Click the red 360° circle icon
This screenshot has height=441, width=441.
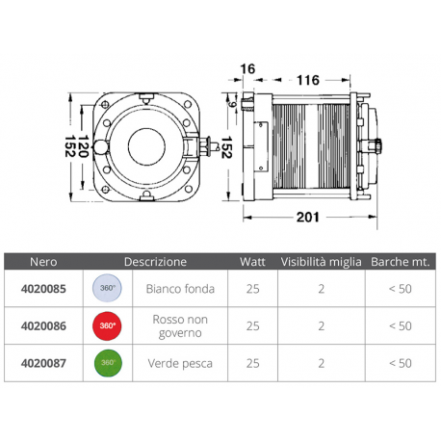[x=108, y=325]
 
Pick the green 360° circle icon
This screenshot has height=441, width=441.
[x=108, y=363]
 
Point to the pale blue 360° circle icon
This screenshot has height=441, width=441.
[x=108, y=287]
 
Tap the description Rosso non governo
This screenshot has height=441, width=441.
[x=174, y=325]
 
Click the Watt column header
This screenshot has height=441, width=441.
[x=252, y=261]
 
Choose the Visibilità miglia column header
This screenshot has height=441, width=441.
[x=322, y=261]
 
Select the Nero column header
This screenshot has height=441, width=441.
[x=43, y=261]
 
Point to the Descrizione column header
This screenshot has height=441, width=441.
[x=155, y=261]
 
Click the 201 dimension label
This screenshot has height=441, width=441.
[x=307, y=218]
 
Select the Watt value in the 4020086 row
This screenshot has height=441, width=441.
[x=252, y=325]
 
